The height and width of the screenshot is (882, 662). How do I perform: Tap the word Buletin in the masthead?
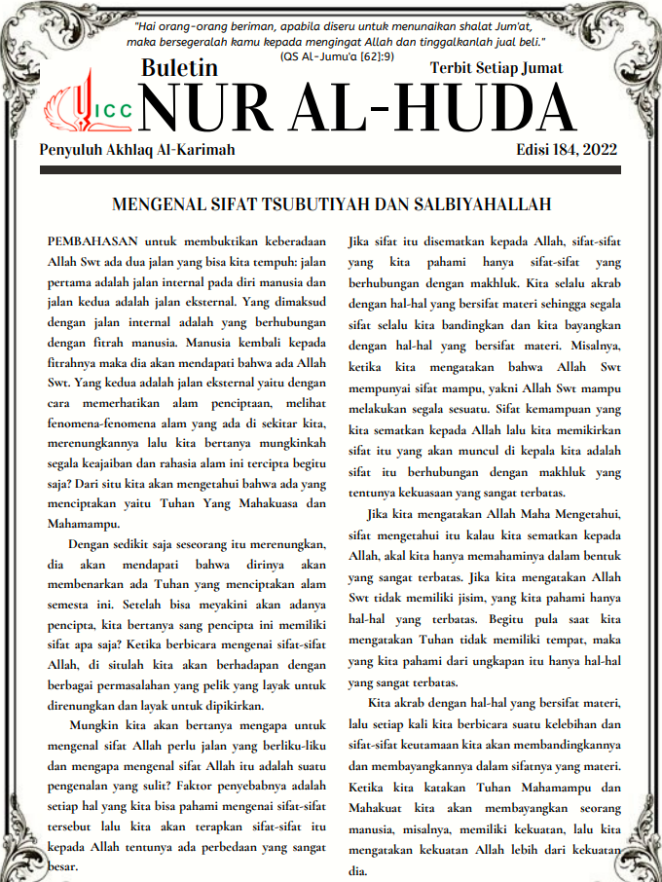tap(180, 69)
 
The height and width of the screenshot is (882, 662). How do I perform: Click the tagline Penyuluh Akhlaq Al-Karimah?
tap(137, 149)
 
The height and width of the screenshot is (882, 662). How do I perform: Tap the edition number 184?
tap(563, 149)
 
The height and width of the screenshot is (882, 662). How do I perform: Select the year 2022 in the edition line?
tap(601, 149)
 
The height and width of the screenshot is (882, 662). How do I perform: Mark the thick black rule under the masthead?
tap(331, 170)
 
